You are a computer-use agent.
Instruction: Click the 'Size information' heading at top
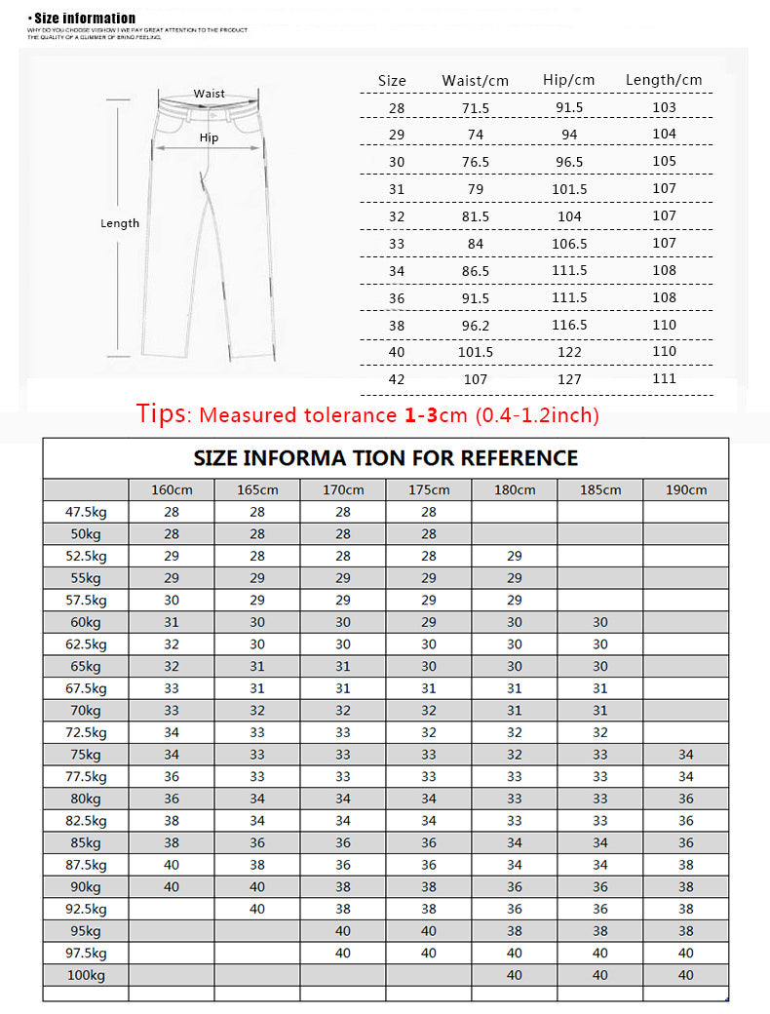[x=83, y=18]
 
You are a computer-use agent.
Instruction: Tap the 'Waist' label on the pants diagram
[x=209, y=94]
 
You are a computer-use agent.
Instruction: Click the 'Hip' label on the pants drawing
[x=209, y=137]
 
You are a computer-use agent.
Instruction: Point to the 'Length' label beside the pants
[x=120, y=223]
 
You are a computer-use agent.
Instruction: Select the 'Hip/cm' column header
[x=568, y=80]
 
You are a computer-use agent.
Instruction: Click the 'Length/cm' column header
[x=664, y=80]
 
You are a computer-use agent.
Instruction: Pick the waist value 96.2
[x=476, y=325]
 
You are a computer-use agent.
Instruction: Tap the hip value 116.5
[x=569, y=325]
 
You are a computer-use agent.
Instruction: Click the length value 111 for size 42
[x=665, y=378]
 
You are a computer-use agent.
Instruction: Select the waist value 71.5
[x=476, y=107]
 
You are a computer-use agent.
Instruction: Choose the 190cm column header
[x=685, y=489]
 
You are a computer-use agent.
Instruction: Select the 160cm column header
[x=172, y=489]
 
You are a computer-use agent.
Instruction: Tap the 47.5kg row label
[x=86, y=512]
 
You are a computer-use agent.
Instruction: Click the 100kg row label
[x=86, y=975]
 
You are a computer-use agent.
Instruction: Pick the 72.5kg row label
[x=86, y=732]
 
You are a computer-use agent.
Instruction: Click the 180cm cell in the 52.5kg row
[x=515, y=556]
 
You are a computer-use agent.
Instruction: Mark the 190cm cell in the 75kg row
[x=685, y=755]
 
